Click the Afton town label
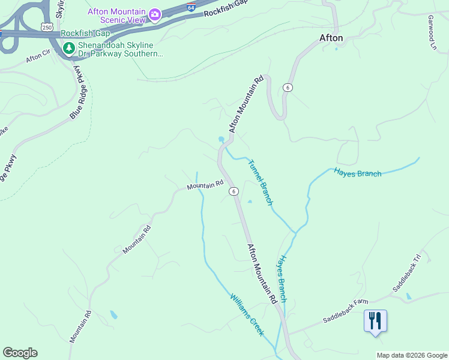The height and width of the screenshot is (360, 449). tap(331, 38)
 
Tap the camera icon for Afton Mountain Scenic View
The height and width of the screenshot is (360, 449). tap(155, 14)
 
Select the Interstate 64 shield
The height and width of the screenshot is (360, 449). tap(190, 7)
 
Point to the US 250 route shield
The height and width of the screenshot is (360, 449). tap(47, 26)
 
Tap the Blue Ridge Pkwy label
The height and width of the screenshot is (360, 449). tap(78, 92)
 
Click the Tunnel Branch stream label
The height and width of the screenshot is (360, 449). tap(261, 182)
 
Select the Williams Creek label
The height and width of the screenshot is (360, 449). tap(247, 314)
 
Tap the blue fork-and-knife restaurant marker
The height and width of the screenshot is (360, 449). tap(375, 320)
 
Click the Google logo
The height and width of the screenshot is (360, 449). tap(19, 353)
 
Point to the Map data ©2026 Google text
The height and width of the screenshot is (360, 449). tap(412, 355)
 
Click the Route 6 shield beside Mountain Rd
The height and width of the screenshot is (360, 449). tap(234, 191)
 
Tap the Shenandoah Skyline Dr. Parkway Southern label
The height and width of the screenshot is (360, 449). tap(119, 49)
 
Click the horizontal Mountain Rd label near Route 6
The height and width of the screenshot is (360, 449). tap(205, 186)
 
